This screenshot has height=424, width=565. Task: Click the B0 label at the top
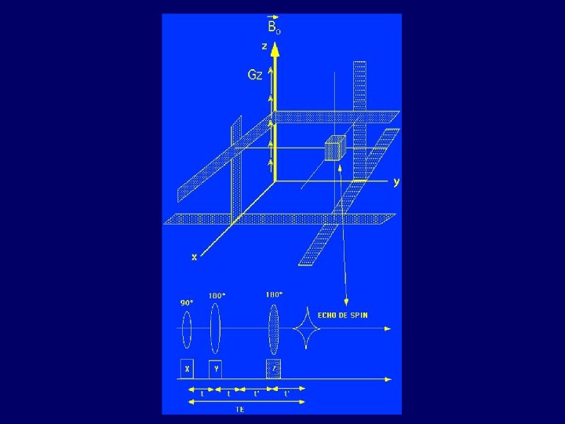pyautogui.click(x=273, y=24)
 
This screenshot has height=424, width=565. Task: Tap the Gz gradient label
pyautogui.click(x=254, y=75)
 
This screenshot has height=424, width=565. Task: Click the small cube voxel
pyautogui.click(x=335, y=148)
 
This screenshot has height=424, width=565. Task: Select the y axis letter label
pyautogui.click(x=396, y=181)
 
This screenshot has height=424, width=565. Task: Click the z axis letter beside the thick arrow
pyautogui.click(x=264, y=46)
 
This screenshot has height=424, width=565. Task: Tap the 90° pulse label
pyautogui.click(x=187, y=302)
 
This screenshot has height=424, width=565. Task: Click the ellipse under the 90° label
pyautogui.click(x=187, y=329)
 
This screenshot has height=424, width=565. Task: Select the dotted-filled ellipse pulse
pyautogui.click(x=273, y=329)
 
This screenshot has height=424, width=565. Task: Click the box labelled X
pyautogui.click(x=187, y=368)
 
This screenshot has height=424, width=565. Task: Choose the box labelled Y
pyautogui.click(x=215, y=368)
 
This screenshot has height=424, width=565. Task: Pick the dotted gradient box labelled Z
pyautogui.click(x=273, y=368)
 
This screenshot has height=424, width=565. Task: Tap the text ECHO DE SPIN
pyautogui.click(x=342, y=315)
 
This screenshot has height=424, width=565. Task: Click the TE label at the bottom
pyautogui.click(x=239, y=409)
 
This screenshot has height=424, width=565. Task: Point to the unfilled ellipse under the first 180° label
pyautogui.click(x=215, y=329)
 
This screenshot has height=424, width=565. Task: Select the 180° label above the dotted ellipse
pyautogui.click(x=274, y=294)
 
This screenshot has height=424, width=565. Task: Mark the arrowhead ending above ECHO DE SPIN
pyautogui.click(x=346, y=302)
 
